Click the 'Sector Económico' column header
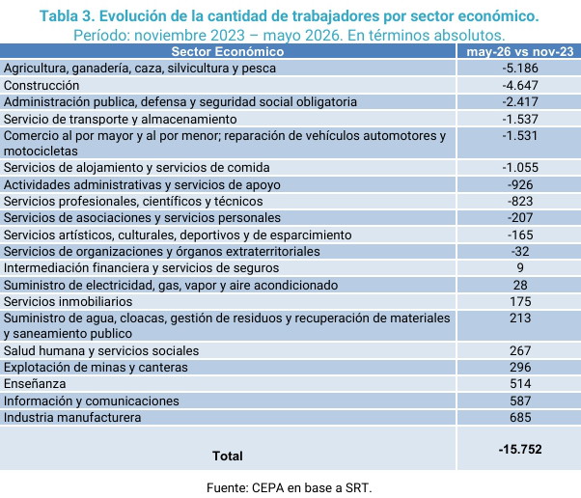click(x=228, y=51)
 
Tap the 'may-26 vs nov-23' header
click(x=520, y=51)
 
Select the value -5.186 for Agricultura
click(x=520, y=69)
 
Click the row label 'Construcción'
click(x=41, y=85)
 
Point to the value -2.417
click(x=520, y=102)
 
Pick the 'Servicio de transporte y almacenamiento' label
click(x=120, y=120)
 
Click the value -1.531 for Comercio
click(x=520, y=136)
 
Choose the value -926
click(x=520, y=185)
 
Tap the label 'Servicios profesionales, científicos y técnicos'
click(x=133, y=201)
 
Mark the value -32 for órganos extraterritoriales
click(x=520, y=251)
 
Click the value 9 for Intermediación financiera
click(x=520, y=267)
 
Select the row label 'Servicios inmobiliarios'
click(x=68, y=302)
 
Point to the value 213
click(x=520, y=318)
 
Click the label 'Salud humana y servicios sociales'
click(x=101, y=350)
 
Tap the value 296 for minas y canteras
click(x=520, y=367)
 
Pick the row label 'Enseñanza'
click(x=35, y=383)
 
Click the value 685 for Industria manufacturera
click(x=520, y=417)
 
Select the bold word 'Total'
click(x=228, y=456)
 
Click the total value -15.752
click(x=520, y=449)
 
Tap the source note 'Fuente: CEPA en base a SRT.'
click(x=289, y=487)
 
